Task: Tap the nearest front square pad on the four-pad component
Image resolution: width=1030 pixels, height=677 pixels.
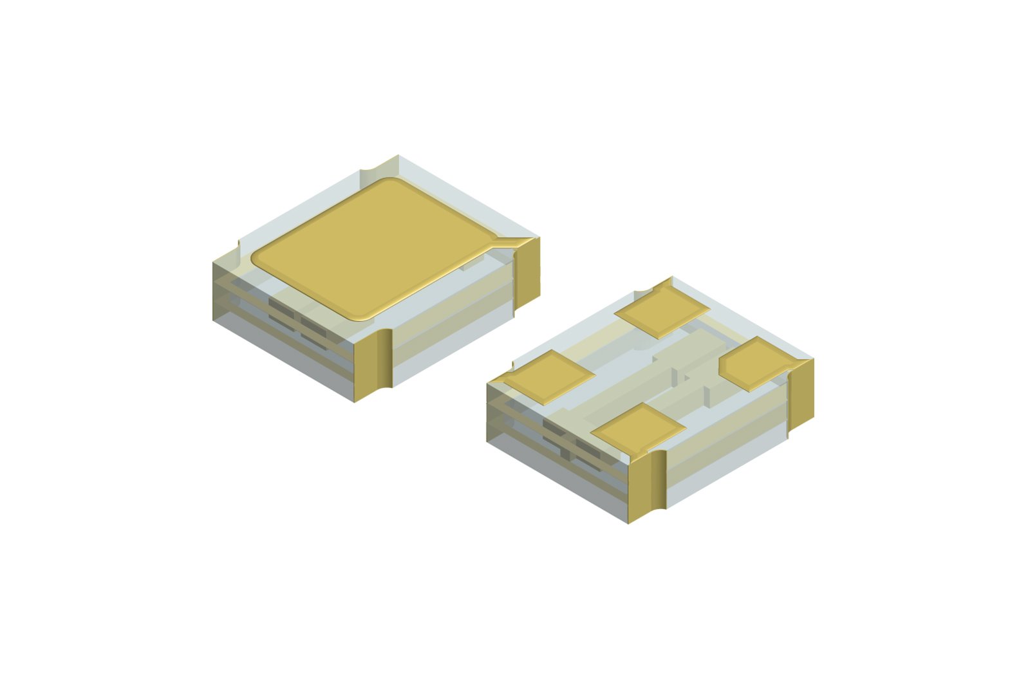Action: click(x=637, y=428)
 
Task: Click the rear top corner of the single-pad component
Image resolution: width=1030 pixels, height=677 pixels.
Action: click(x=398, y=158)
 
